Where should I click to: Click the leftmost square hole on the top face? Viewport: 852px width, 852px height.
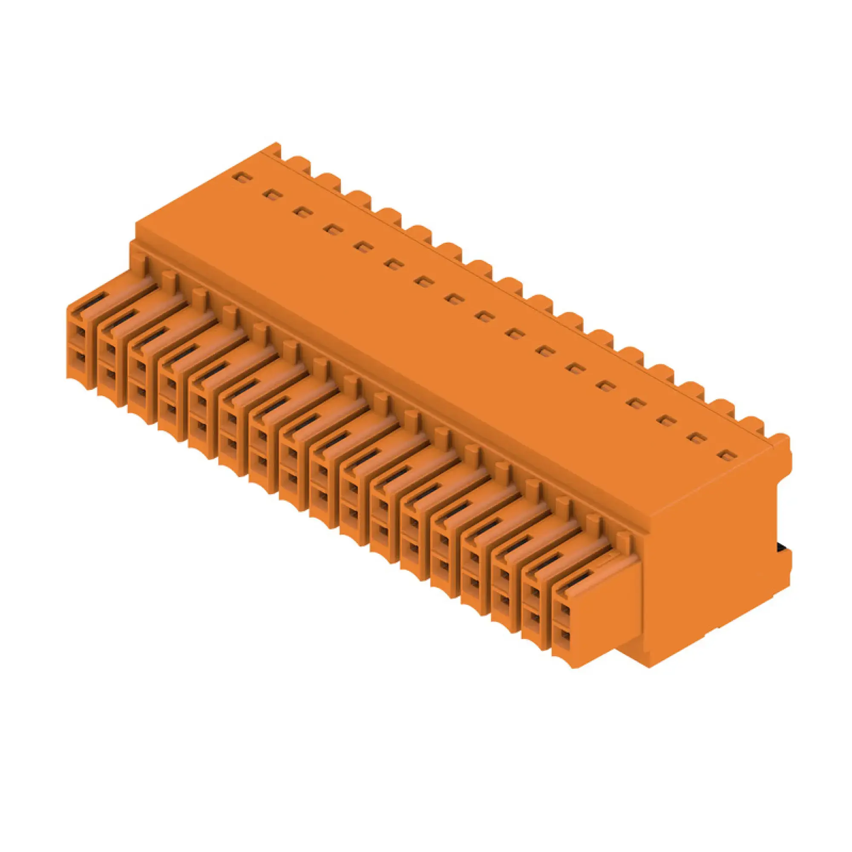[242, 178]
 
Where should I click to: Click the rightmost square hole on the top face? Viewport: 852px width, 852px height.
[724, 455]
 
